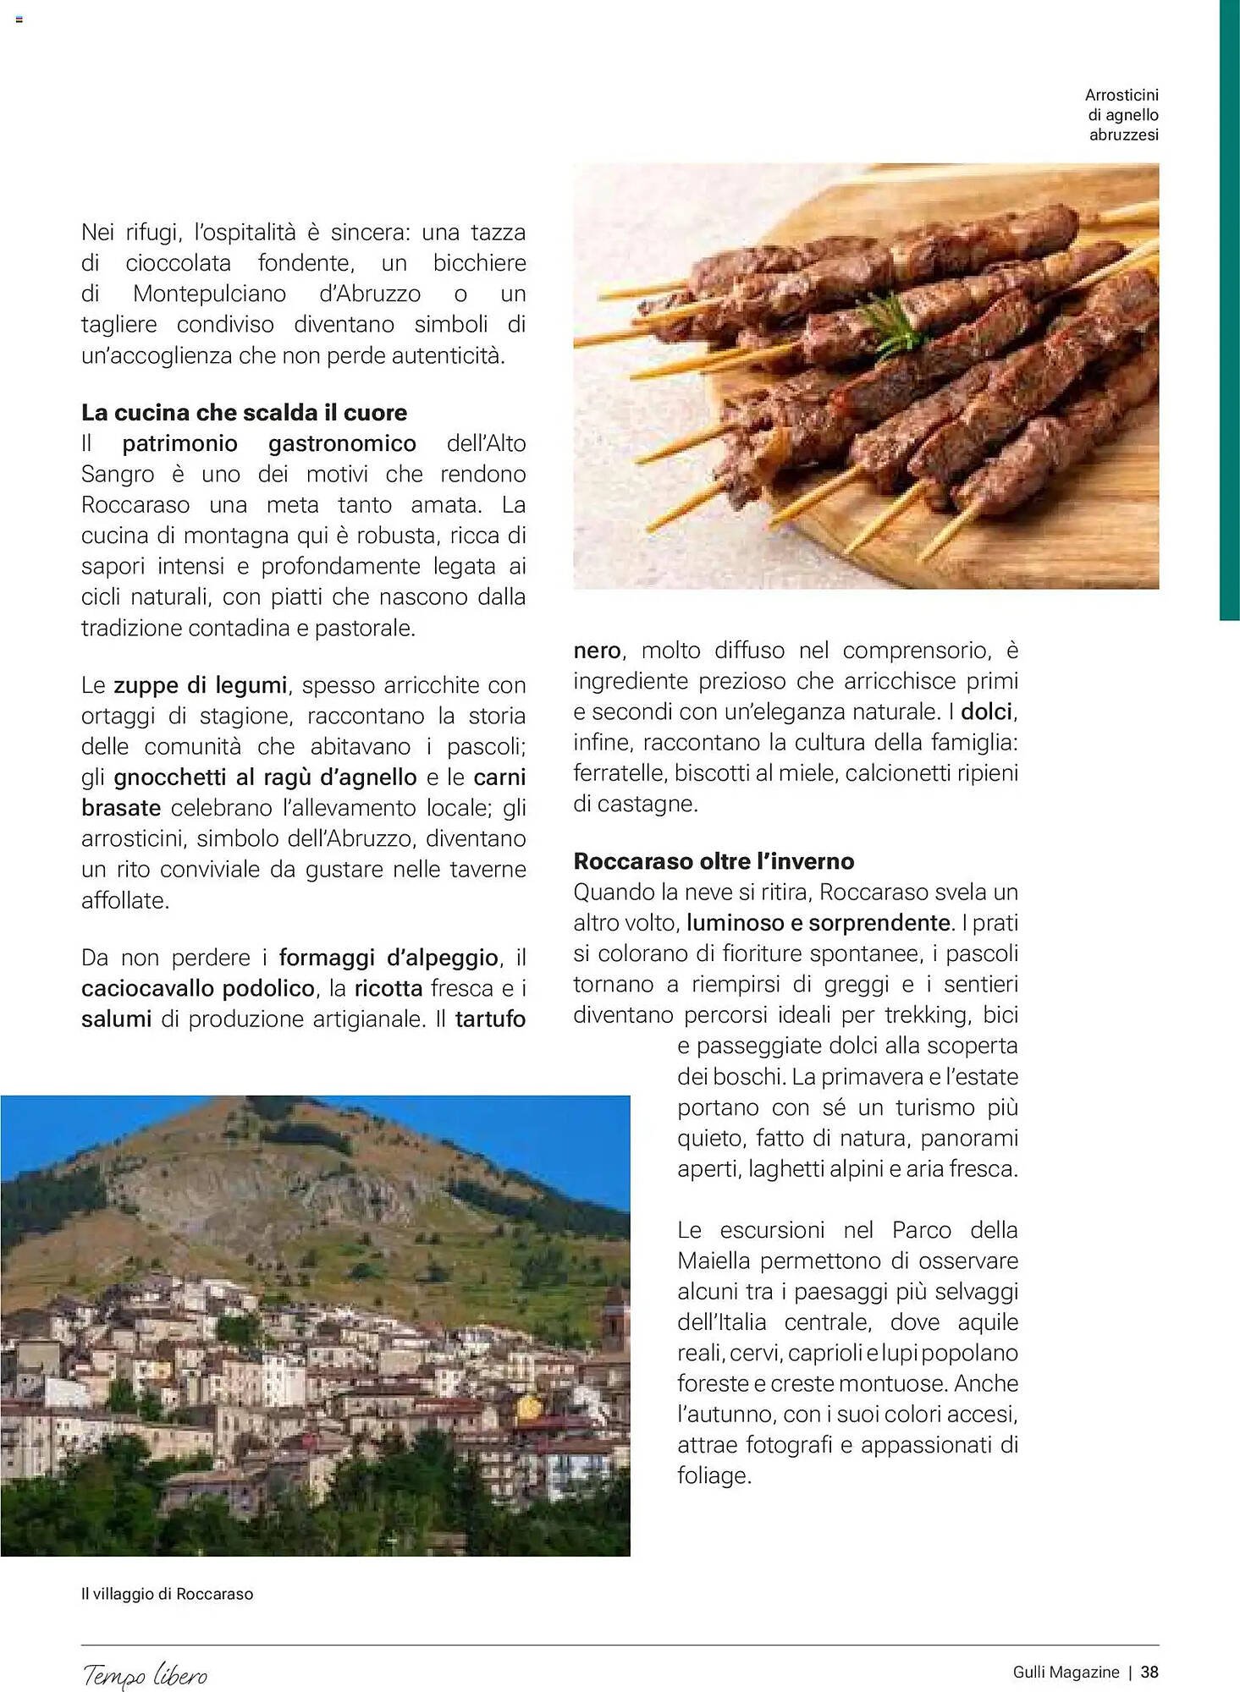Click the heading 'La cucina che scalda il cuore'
[244, 413]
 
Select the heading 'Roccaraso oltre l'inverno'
[714, 861]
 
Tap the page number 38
[1149, 1672]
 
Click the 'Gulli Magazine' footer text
[1066, 1672]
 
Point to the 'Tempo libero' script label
[145, 1674]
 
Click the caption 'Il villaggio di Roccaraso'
[167, 1594]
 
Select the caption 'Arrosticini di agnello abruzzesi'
[1122, 115]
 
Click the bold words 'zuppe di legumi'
[201, 685]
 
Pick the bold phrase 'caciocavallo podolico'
[198, 988]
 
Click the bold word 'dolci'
[988, 711]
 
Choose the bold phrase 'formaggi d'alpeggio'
[389, 958]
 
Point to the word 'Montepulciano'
[209, 294]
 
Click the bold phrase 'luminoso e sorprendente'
[818, 922]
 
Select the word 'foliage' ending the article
[713, 1475]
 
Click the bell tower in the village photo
[615, 1320]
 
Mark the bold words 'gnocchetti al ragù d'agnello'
[265, 777]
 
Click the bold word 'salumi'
[116, 1019]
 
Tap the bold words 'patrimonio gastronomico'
[269, 443]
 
